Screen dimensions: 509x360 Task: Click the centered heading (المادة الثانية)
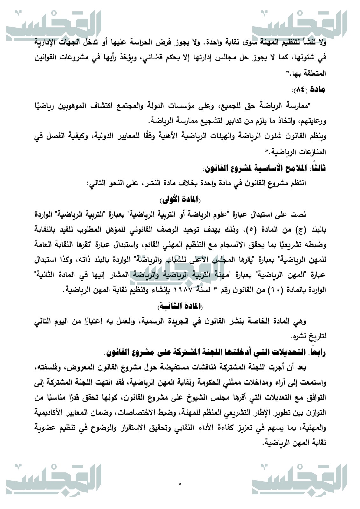tap(180, 306)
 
